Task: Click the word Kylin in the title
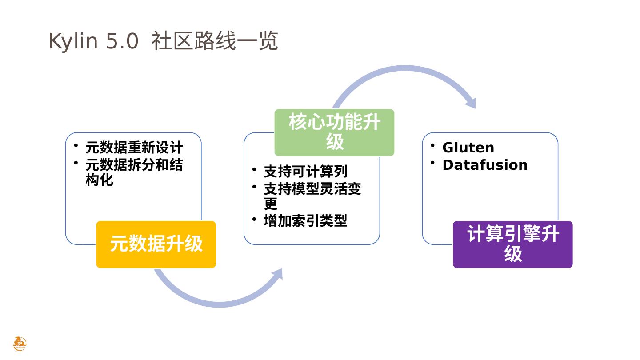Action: [72, 41]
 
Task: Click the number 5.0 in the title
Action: [122, 41]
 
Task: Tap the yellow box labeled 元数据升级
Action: [156, 244]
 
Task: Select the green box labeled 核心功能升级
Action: [334, 132]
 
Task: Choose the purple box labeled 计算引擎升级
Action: [512, 244]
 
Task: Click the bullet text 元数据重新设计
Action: [134, 148]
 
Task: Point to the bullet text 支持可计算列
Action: [306, 172]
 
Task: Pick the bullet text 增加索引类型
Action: [306, 221]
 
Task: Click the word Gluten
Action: [468, 148]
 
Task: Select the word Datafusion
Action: [485, 165]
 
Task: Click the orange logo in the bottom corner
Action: [20, 344]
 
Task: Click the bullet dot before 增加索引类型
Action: [254, 219]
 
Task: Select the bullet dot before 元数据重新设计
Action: [76, 145]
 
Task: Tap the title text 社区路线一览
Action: [215, 41]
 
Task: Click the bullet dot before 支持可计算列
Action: [254, 169]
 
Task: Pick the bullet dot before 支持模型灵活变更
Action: [254, 187]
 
